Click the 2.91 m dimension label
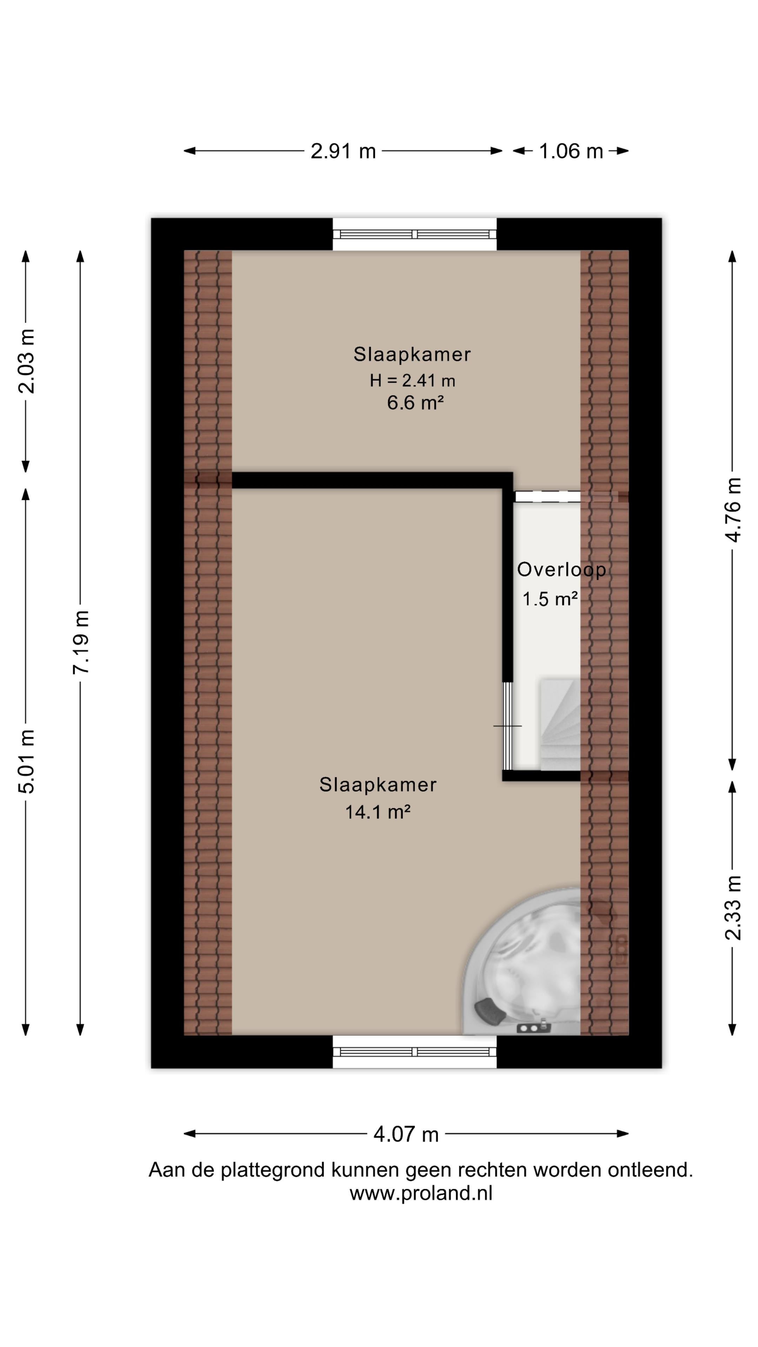(x=343, y=151)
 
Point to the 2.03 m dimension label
(x=26, y=361)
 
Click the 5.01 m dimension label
(x=26, y=761)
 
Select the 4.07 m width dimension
(x=406, y=1134)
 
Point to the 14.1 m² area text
(x=377, y=812)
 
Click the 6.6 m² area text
(x=415, y=403)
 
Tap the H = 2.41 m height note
(x=412, y=381)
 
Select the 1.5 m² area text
(x=550, y=599)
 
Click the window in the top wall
(x=414, y=234)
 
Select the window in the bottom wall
(x=414, y=1052)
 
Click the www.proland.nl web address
(x=421, y=1193)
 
